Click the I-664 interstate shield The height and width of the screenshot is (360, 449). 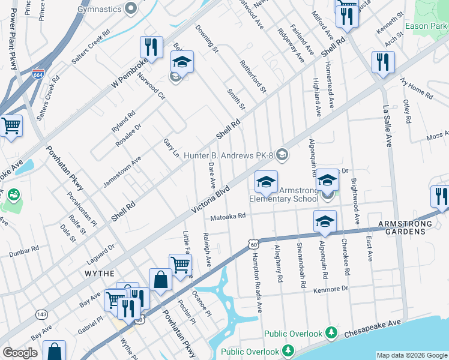tap(37, 74)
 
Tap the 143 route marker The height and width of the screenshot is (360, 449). tap(41, 313)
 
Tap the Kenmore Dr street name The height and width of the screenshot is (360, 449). tap(330, 289)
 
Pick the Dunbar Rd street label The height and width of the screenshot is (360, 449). tap(24, 250)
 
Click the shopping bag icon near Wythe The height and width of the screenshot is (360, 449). tap(160, 279)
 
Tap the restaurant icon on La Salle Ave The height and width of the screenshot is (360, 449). tap(382, 62)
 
